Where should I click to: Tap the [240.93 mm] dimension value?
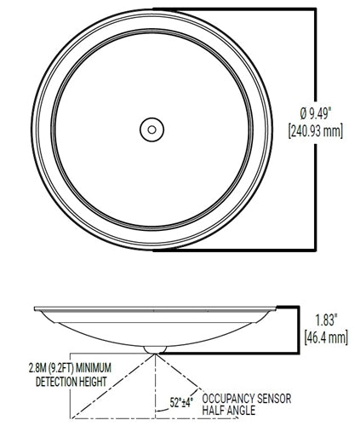pos(320,132)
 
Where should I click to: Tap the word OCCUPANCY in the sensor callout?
pos(231,397)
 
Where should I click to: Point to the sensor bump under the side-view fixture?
pos(153,348)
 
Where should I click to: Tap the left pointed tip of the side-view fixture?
pos(33,308)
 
